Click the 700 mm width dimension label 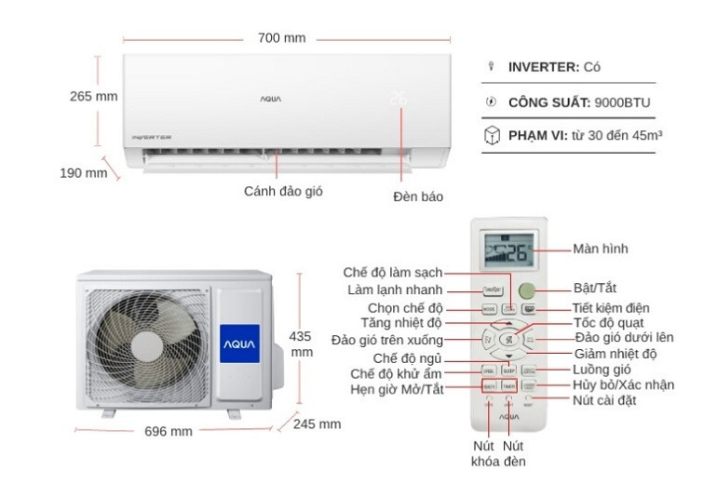pos(281,38)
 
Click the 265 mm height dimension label pos(93,96)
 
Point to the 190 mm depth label pos(84,173)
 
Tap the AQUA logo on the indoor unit pos(270,97)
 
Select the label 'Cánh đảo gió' pos(277,191)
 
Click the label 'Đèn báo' pos(418,196)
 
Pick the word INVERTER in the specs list pos(543,67)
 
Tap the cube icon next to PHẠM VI pos(491,136)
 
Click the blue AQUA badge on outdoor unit pos(238,343)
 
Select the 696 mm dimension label pos(169,431)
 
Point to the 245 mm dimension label pos(317,424)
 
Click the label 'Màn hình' pos(601,249)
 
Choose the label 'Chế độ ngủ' pos(407,357)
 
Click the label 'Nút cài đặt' pos(606,400)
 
